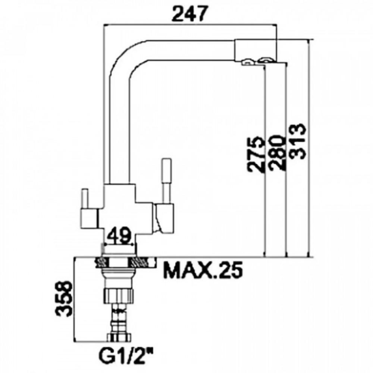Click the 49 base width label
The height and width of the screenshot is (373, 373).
click(x=118, y=235)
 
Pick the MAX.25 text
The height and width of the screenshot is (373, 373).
click(x=204, y=270)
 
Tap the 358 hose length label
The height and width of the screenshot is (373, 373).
click(x=64, y=299)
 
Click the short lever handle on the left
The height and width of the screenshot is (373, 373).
click(x=85, y=199)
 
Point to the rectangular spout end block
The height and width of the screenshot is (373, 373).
click(x=256, y=50)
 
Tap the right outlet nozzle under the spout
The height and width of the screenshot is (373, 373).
click(x=266, y=60)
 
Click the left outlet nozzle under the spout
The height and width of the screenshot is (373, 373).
click(x=247, y=62)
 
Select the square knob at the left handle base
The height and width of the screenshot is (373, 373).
click(x=88, y=218)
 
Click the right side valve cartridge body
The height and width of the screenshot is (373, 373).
click(x=164, y=218)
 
